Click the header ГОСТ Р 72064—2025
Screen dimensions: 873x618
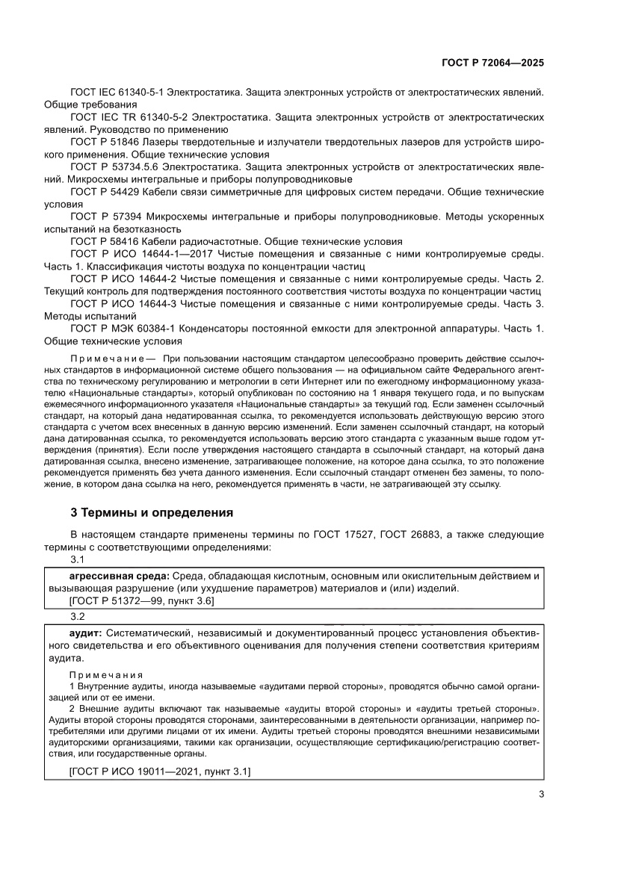pyautogui.click(x=490, y=63)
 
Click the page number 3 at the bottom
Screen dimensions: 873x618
pyautogui.click(x=540, y=795)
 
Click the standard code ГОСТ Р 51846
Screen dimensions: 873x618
pyautogui.click(x=107, y=142)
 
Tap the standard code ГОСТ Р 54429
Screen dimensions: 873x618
pyautogui.click(x=107, y=192)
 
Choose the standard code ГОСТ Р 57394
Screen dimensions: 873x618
pyautogui.click(x=107, y=217)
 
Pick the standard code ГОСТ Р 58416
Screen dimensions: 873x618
pyautogui.click(x=107, y=241)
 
